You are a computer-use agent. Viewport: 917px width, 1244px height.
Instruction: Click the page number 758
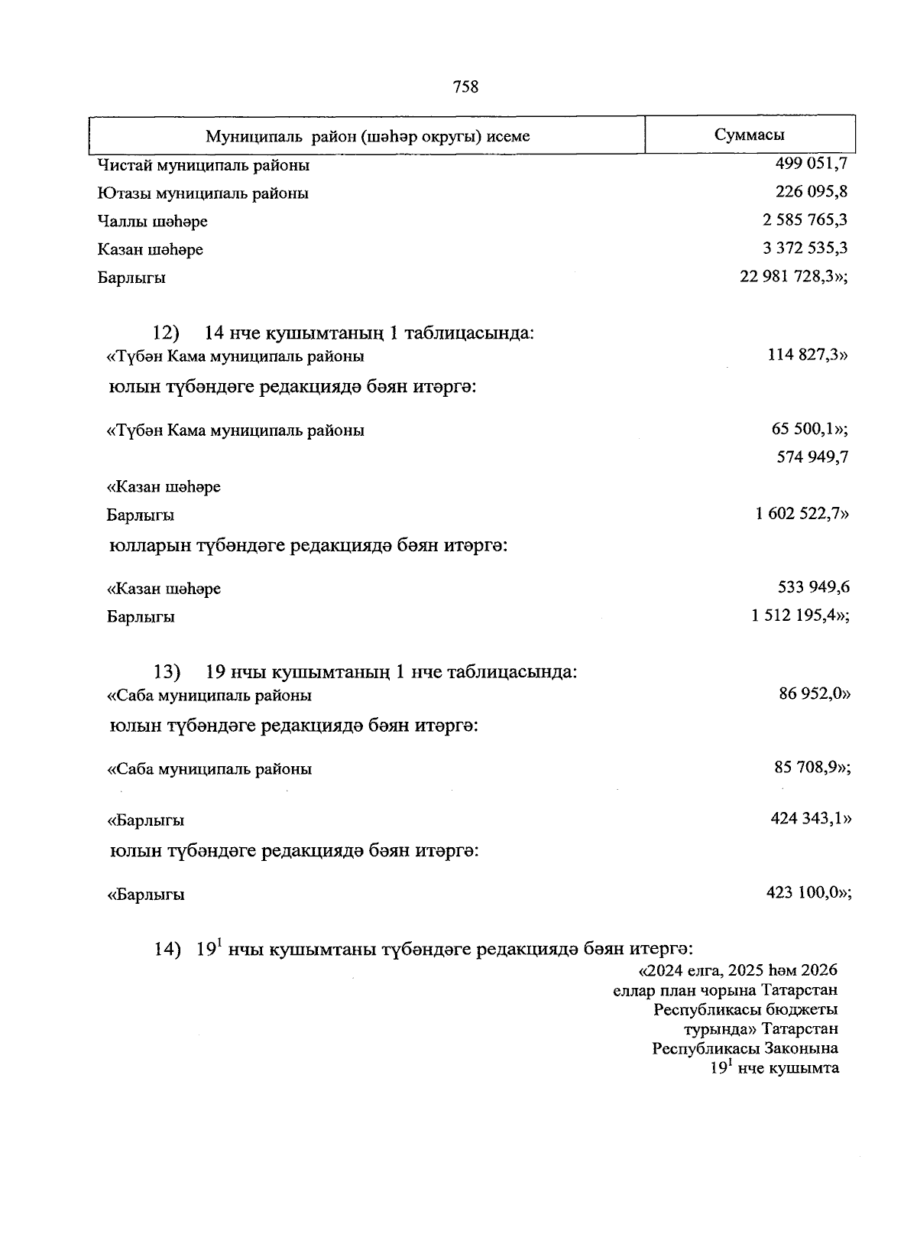[465, 87]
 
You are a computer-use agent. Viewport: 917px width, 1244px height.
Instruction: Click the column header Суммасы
[749, 135]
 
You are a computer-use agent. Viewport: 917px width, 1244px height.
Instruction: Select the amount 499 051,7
[811, 163]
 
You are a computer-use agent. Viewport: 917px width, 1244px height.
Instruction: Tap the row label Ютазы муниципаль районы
[203, 193]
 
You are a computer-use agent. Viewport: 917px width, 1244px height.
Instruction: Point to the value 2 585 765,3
[805, 220]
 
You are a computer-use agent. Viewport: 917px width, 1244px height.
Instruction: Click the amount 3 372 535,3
[805, 248]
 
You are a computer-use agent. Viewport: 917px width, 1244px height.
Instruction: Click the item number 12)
[166, 333]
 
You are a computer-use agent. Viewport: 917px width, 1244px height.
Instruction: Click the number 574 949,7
[812, 457]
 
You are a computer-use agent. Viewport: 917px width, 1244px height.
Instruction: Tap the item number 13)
[167, 672]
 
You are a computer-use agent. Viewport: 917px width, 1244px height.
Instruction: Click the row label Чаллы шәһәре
[153, 222]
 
